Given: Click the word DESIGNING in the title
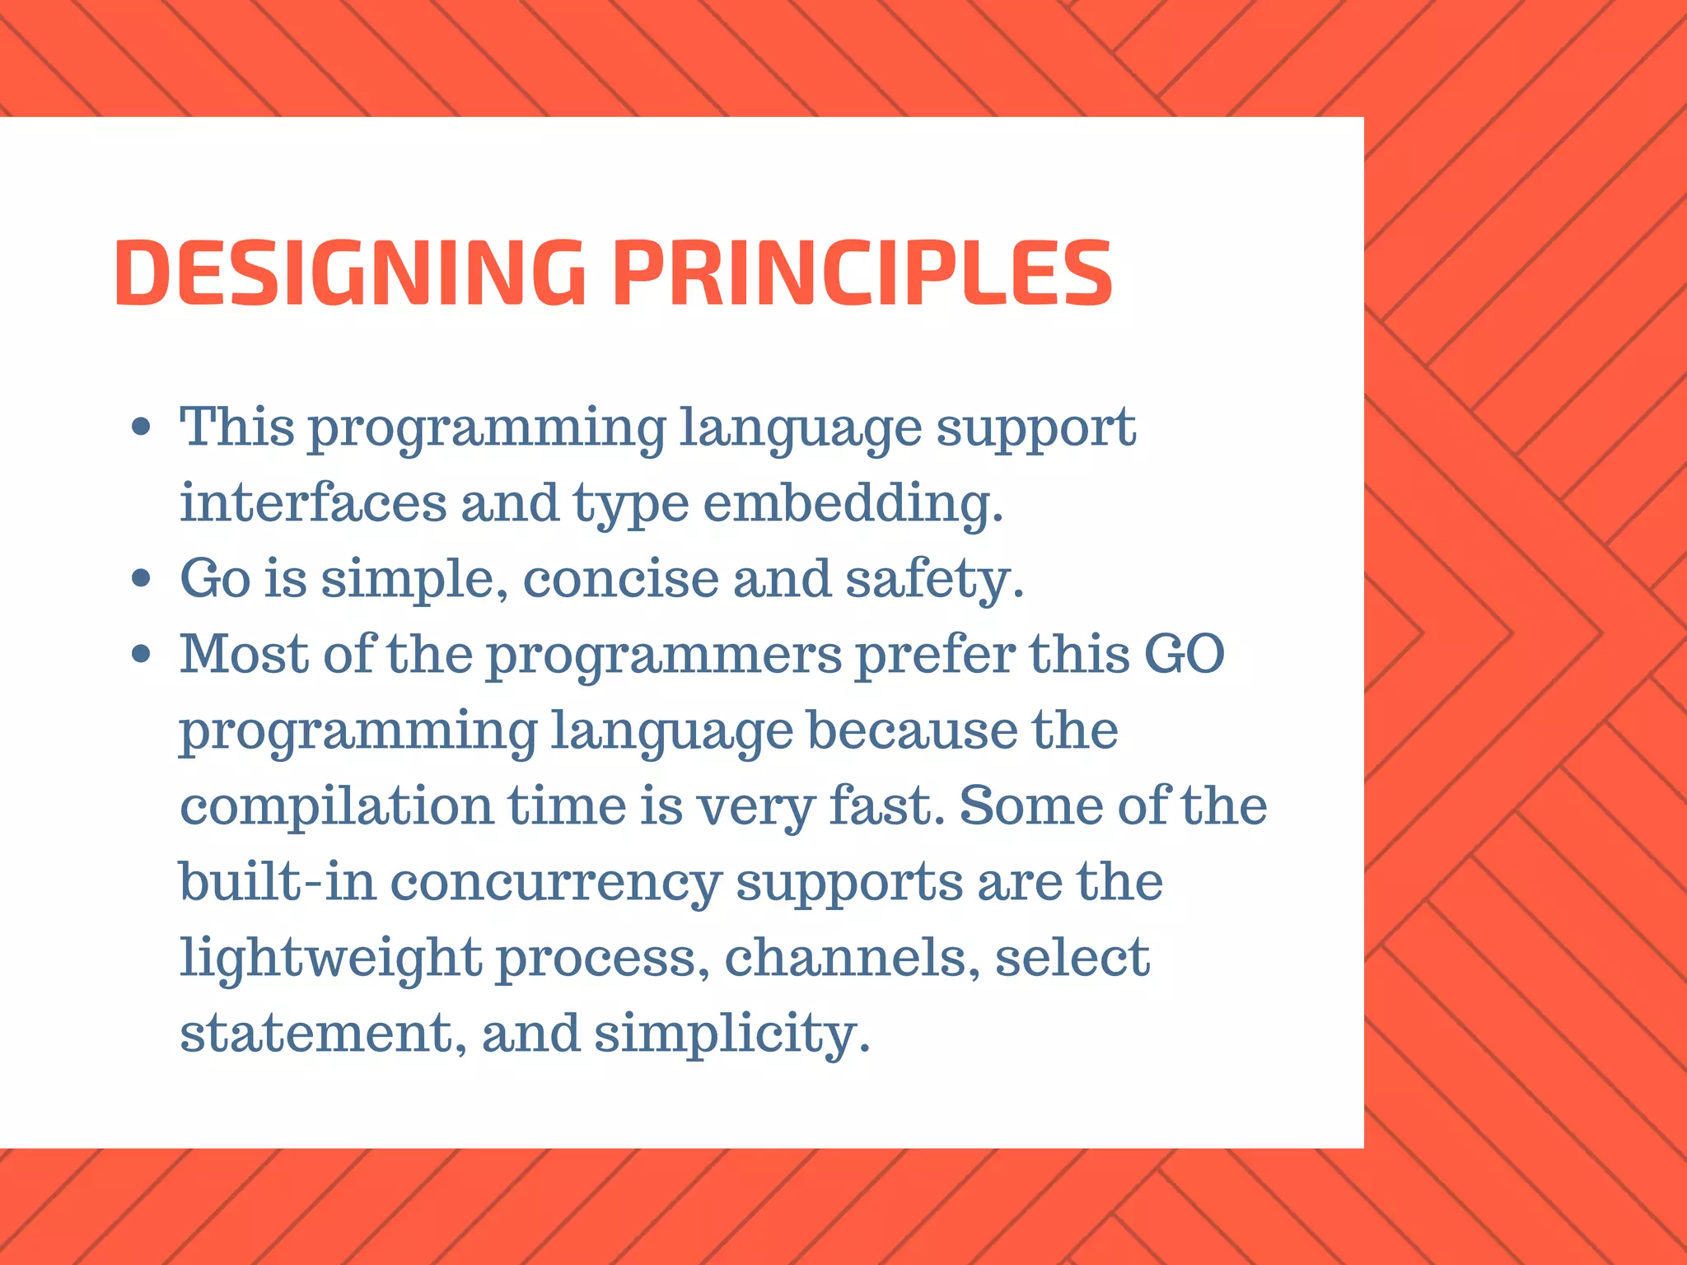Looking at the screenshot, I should [x=349, y=273].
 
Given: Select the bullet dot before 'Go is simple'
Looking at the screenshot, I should [x=142, y=578].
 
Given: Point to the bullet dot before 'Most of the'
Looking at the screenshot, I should [x=142, y=654].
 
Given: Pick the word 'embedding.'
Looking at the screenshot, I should [x=853, y=504].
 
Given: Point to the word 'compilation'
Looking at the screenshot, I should [x=336, y=807].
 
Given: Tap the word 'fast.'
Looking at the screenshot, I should [x=886, y=805].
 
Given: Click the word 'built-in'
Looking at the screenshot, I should [x=278, y=881].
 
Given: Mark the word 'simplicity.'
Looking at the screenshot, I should [x=731, y=1034].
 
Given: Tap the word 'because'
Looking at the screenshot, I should [x=912, y=731].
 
